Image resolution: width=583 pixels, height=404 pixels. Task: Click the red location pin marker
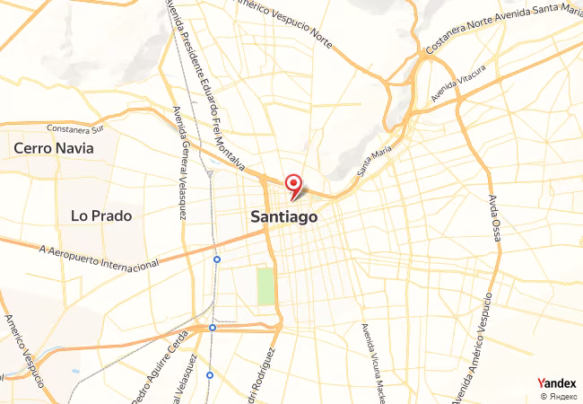tap(292, 186)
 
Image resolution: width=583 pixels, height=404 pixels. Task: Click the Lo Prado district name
tap(101, 215)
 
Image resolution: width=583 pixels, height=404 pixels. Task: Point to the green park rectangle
tap(265, 286)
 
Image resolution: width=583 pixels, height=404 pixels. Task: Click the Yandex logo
tap(558, 382)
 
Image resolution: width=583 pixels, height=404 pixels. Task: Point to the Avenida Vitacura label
tap(458, 83)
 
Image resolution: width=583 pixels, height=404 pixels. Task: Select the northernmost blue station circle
tap(217, 259)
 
